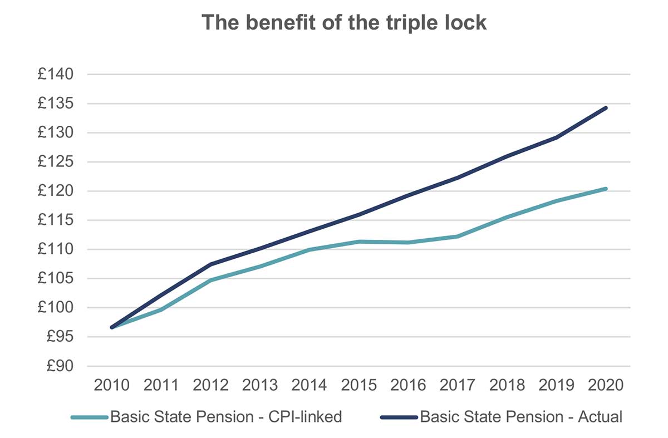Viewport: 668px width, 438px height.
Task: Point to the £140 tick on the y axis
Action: click(x=57, y=75)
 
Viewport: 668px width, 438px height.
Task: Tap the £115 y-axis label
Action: click(x=57, y=220)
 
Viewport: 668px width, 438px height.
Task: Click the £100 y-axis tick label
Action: click(x=57, y=308)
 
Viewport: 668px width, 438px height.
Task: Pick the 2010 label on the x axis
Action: click(x=112, y=385)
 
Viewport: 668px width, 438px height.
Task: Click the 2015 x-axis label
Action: click(x=359, y=385)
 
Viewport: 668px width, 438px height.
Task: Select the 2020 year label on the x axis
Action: click(x=606, y=385)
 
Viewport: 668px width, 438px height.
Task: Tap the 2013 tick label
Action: click(x=260, y=385)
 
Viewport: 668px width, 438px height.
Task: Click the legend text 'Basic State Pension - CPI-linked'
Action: click(x=226, y=417)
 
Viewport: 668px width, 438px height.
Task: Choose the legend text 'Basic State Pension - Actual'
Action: click(x=521, y=417)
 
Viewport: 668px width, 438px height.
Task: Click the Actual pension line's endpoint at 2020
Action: click(x=606, y=108)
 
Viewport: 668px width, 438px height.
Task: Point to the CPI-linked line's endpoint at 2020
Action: click(x=606, y=189)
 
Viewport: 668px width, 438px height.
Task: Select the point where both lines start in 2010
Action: click(x=112, y=327)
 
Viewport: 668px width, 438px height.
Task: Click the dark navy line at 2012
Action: click(x=211, y=264)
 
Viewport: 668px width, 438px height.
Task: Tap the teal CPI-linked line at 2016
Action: click(x=408, y=243)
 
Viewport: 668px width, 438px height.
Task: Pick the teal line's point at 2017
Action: click(x=458, y=237)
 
